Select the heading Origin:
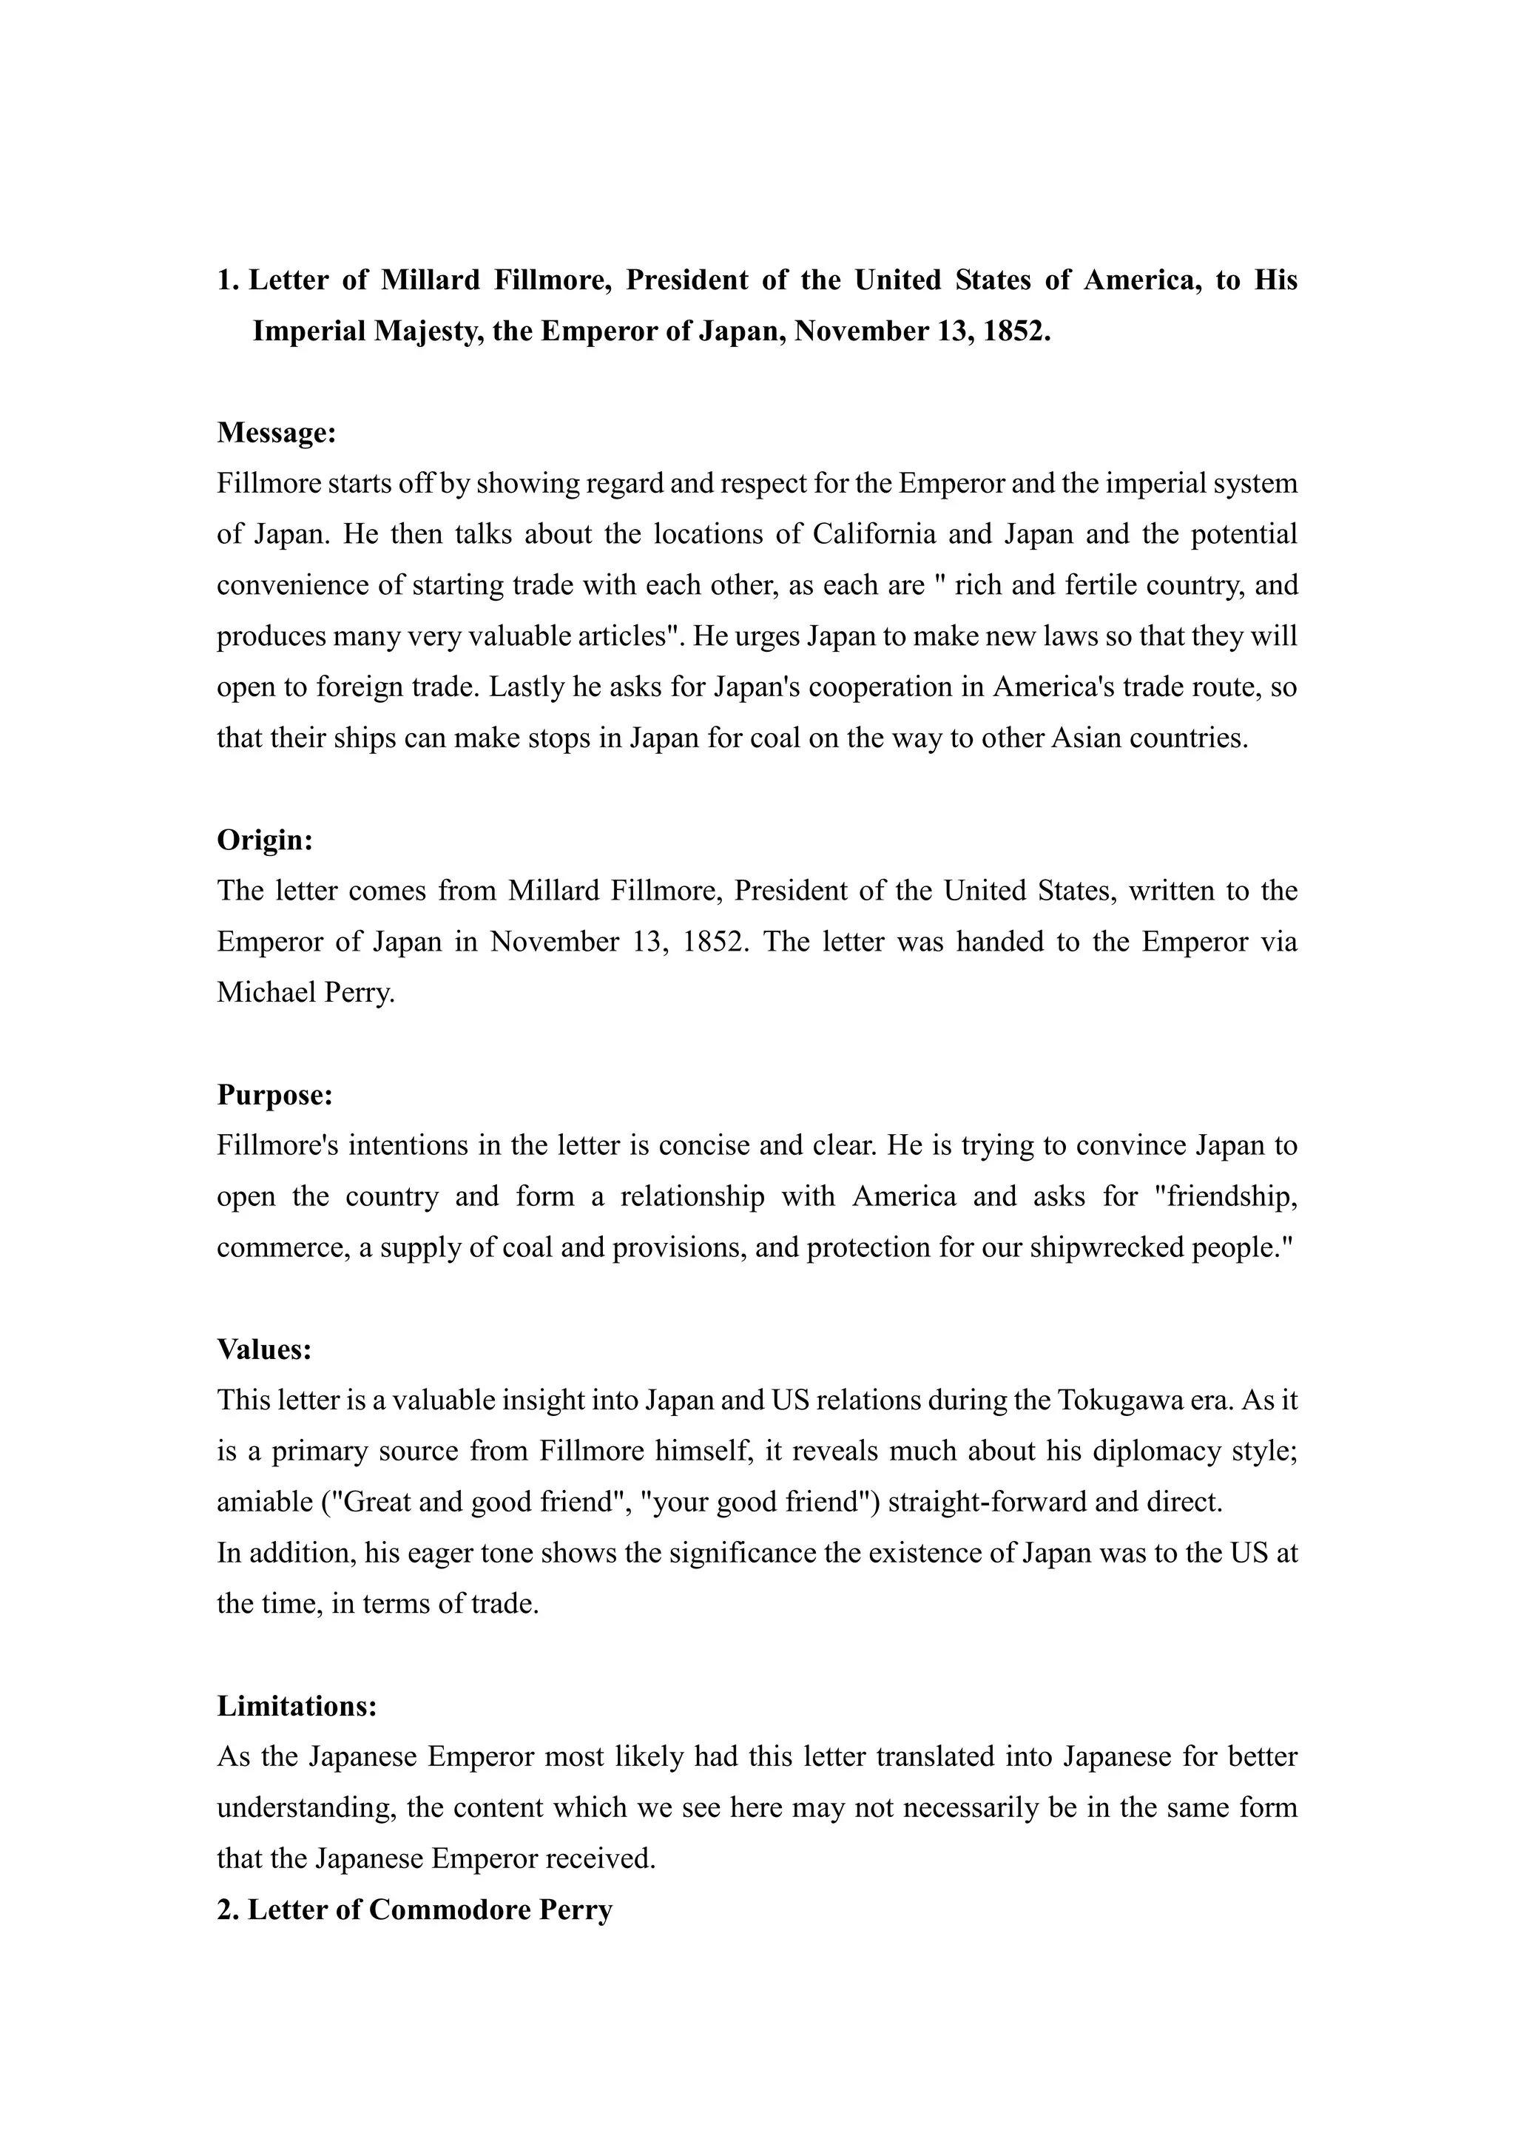coord(265,840)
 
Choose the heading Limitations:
coord(297,1706)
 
